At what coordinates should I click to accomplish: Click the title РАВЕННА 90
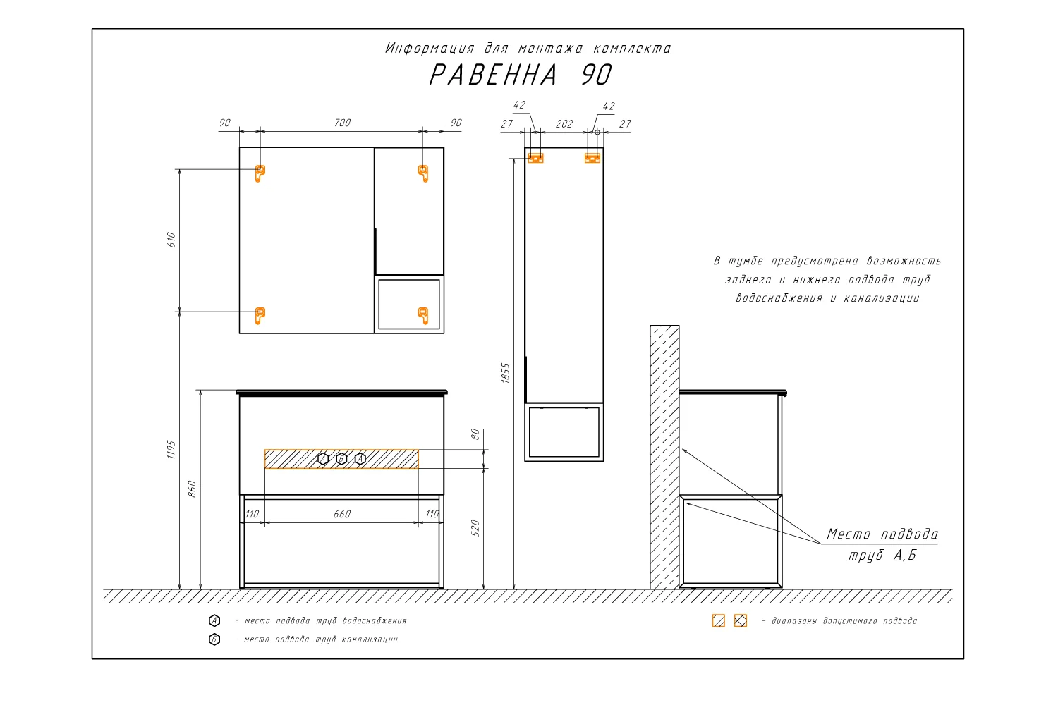521,75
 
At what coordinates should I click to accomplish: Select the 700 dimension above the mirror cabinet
342,123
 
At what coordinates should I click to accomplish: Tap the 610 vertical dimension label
171,240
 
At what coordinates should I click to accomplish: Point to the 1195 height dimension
171,450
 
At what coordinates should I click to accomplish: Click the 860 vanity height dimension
192,489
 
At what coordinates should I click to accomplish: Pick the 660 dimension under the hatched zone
342,514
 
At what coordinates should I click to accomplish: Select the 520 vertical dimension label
475,528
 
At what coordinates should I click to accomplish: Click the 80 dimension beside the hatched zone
475,434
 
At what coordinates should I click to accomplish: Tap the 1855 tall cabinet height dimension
506,373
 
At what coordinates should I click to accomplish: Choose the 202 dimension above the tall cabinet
564,123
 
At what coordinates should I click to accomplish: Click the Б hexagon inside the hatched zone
341,458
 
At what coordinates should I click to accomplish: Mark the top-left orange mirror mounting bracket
260,173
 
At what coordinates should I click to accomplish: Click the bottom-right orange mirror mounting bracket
424,315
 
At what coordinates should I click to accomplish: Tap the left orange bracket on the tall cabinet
535,158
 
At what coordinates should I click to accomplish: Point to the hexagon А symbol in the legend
214,620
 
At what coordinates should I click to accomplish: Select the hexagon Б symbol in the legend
214,639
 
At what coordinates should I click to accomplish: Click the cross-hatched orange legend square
741,620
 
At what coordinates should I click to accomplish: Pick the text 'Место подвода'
882,534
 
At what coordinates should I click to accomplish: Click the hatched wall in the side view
664,457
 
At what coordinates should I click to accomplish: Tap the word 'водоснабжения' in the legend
375,620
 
